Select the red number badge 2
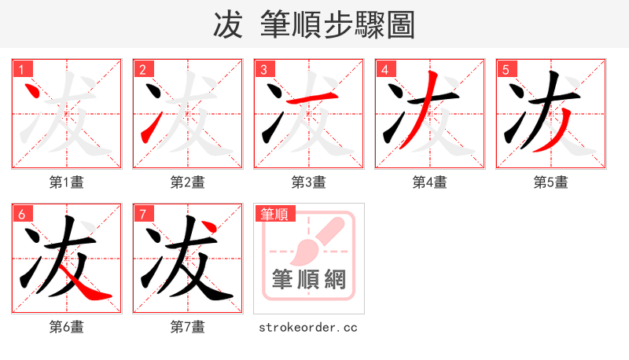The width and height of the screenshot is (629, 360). [x=142, y=69]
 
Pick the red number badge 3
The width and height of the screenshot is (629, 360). [x=263, y=69]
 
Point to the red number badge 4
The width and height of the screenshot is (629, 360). [x=384, y=69]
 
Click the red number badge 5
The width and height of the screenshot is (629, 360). [x=506, y=69]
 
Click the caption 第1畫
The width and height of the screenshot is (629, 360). [x=67, y=182]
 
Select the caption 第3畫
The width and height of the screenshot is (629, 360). [x=309, y=182]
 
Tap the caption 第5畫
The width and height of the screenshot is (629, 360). [x=551, y=182]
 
